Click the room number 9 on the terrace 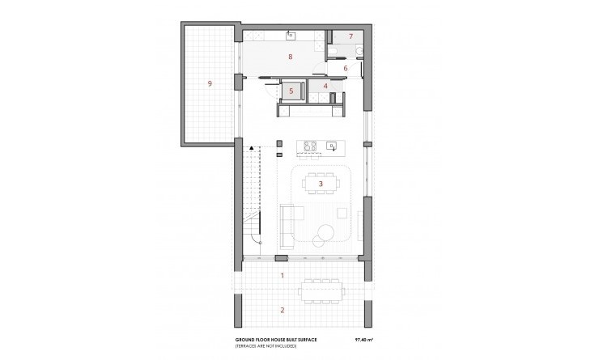point(210,83)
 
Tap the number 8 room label point(291,57)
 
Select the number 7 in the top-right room point(350,36)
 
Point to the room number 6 point(346,69)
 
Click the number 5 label point(291,91)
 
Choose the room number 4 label point(325,87)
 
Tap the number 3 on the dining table point(321,184)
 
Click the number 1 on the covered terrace point(283,276)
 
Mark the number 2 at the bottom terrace point(283,310)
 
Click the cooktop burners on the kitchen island point(310,146)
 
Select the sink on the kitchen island point(332,146)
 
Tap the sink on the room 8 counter point(291,36)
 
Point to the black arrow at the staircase point(252,147)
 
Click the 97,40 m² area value point(364,340)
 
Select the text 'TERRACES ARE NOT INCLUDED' point(266,346)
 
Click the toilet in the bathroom point(359,51)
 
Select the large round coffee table point(326,232)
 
